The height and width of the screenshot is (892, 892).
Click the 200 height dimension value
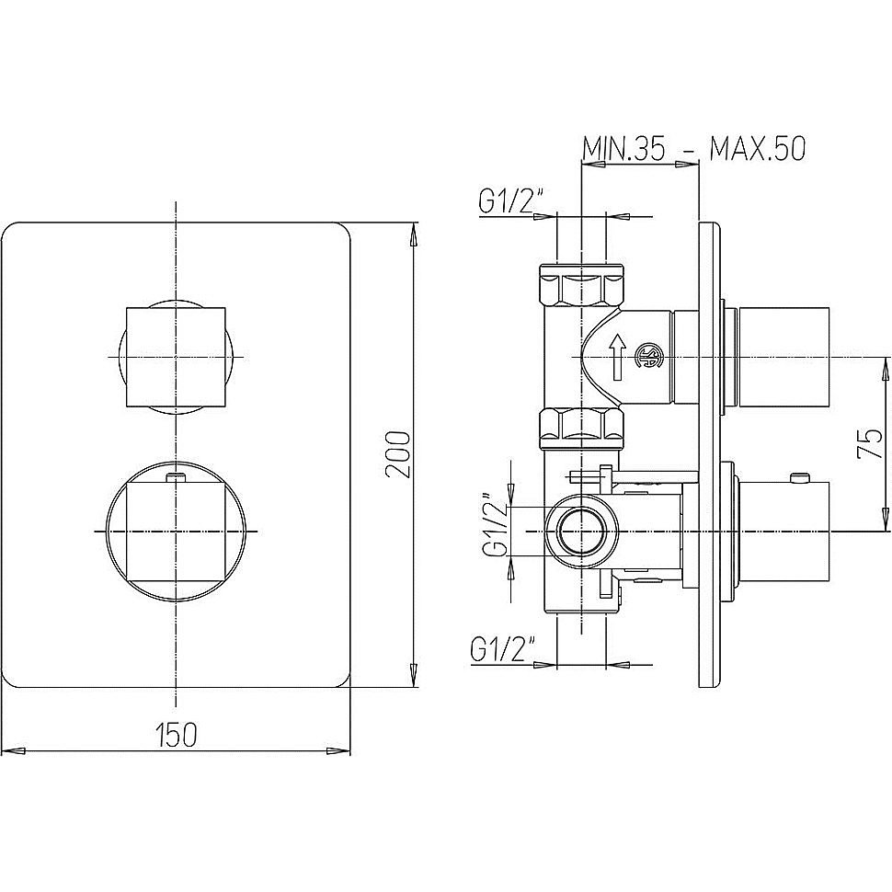tap(397, 454)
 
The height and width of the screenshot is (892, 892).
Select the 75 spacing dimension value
tap(869, 444)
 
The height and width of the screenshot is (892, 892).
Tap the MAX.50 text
tap(757, 149)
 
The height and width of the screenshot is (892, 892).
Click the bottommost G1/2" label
tap(503, 649)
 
